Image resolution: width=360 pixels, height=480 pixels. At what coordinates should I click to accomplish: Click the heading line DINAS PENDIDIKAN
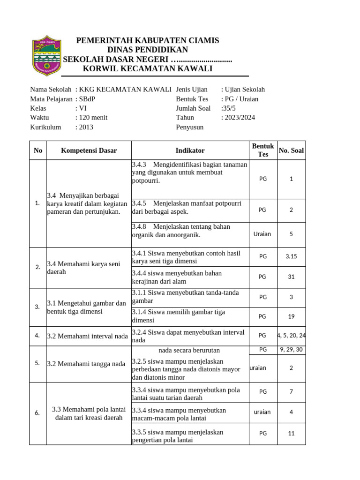coord(148,50)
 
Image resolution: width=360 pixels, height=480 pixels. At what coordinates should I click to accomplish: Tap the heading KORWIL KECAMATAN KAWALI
coord(148,69)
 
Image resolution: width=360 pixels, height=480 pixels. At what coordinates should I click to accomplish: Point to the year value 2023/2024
coord(238,118)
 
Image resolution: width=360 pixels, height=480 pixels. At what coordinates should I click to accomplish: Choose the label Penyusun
coord(189,127)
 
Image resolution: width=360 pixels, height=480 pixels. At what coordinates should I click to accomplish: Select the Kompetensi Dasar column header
coord(89,150)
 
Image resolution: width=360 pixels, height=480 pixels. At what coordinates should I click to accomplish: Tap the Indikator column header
coord(190,150)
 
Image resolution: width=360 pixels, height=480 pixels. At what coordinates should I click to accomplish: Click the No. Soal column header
coord(291,150)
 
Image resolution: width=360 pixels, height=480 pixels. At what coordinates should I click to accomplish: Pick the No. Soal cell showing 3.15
coord(291,257)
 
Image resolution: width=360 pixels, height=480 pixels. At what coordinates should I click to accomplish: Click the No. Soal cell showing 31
coord(291,277)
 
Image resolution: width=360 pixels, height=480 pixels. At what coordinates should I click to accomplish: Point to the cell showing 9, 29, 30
coord(291,350)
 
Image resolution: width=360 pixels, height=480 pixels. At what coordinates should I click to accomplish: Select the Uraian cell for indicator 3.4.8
coord(262,234)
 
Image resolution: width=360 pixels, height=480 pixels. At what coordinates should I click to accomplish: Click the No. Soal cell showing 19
coord(291,316)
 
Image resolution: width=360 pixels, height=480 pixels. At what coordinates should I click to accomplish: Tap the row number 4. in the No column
coord(37,336)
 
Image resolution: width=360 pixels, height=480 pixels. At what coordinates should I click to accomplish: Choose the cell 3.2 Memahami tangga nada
coord(86,364)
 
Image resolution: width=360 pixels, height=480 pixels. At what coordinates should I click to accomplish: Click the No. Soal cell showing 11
coord(291,434)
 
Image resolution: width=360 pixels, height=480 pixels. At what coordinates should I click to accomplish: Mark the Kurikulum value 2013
coord(86,127)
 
